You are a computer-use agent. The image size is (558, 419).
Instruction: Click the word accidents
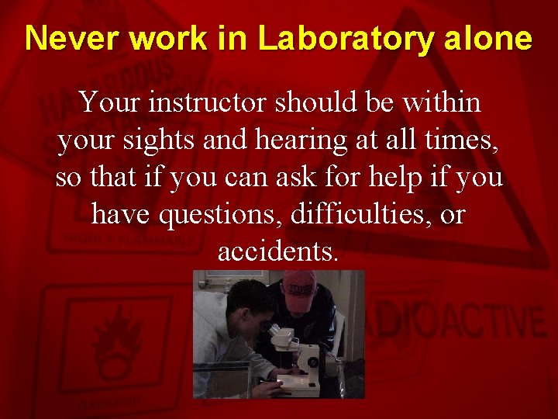(278, 251)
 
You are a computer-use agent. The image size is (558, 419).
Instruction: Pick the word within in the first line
(442, 102)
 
